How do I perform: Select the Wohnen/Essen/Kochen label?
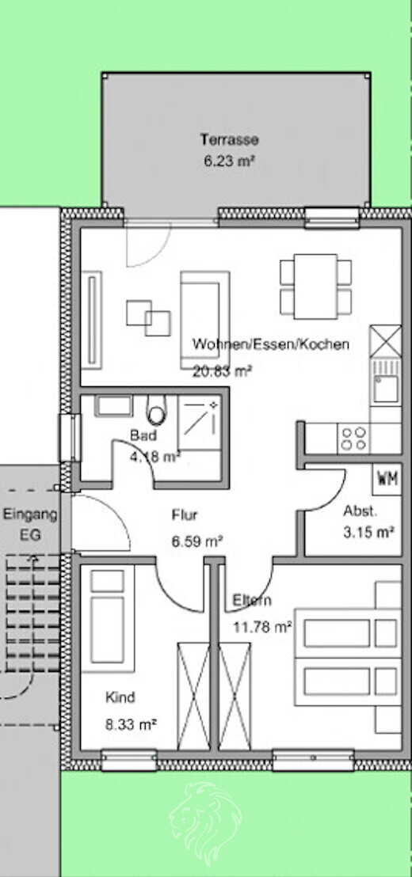click(270, 345)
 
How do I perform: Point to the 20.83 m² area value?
click(222, 370)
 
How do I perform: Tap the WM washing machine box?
click(387, 478)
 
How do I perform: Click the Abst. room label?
click(360, 511)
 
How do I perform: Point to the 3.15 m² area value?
click(368, 532)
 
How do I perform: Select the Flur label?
click(185, 515)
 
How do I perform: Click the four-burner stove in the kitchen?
click(353, 438)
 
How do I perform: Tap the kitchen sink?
click(385, 387)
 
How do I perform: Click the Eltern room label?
click(252, 600)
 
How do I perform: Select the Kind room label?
click(120, 697)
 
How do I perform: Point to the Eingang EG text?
click(29, 523)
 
